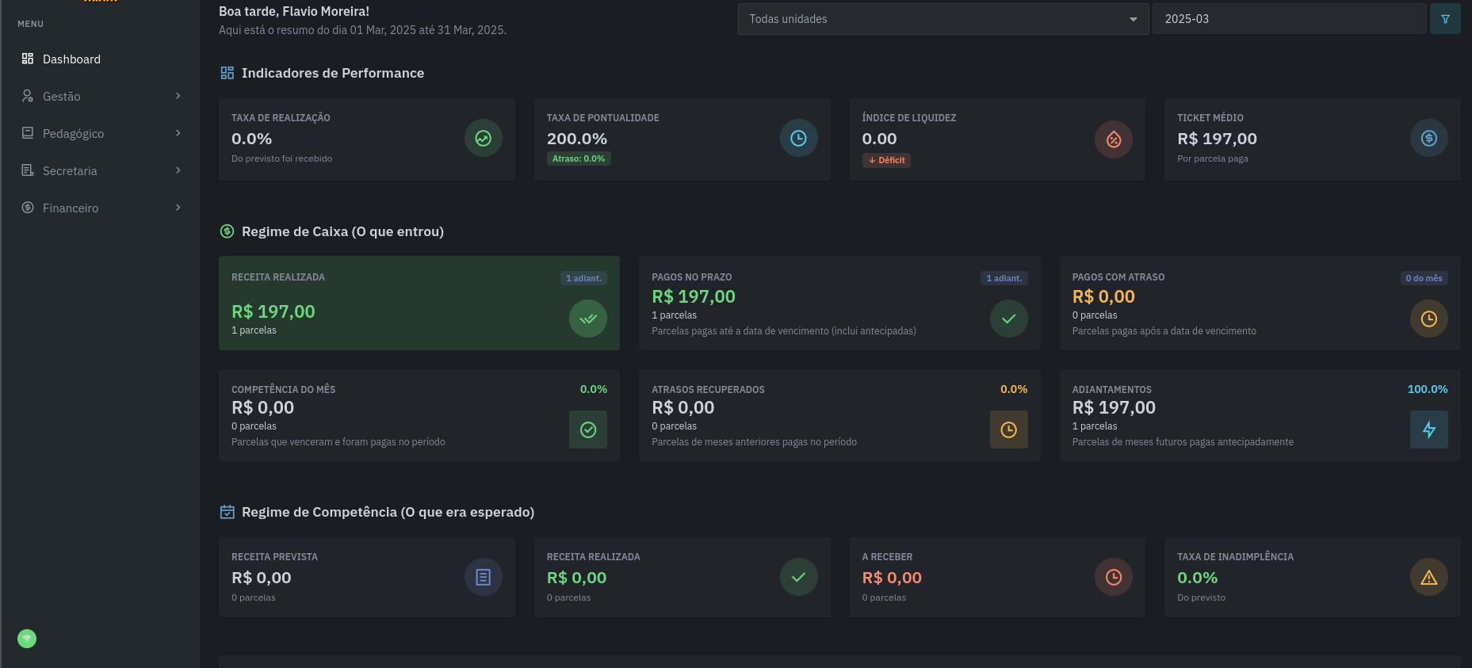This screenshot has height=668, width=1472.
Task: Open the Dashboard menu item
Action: (x=71, y=59)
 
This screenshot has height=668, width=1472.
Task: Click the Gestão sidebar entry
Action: (x=62, y=97)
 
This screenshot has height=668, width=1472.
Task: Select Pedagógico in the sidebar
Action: (x=73, y=134)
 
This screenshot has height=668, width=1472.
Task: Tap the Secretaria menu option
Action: (x=70, y=171)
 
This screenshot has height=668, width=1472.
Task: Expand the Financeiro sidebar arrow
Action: (x=178, y=208)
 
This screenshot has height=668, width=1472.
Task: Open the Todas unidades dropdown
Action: (x=942, y=19)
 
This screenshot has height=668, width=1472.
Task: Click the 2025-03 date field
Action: (x=1288, y=19)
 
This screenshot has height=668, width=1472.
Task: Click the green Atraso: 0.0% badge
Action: (x=579, y=158)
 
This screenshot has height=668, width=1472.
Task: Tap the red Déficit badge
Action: (x=886, y=160)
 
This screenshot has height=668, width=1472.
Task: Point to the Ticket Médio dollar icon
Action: (x=1428, y=139)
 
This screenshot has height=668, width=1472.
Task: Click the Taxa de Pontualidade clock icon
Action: (x=798, y=139)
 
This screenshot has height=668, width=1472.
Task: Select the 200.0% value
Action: (x=577, y=139)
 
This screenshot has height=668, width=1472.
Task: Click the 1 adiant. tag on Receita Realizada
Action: (x=583, y=278)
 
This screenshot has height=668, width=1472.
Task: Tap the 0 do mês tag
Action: (x=1424, y=278)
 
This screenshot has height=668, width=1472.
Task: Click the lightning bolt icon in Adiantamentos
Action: (x=1428, y=429)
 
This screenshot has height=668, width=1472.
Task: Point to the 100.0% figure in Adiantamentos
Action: (x=1427, y=389)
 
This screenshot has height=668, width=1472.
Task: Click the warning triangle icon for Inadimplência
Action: (x=1428, y=578)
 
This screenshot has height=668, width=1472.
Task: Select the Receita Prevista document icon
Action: (x=483, y=578)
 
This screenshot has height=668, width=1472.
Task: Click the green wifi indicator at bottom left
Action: (x=27, y=639)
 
